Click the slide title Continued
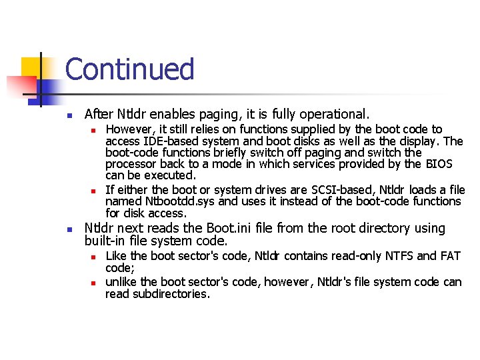[130, 69]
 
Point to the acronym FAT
[451, 256]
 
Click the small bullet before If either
[95, 191]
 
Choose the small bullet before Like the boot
[95, 257]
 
